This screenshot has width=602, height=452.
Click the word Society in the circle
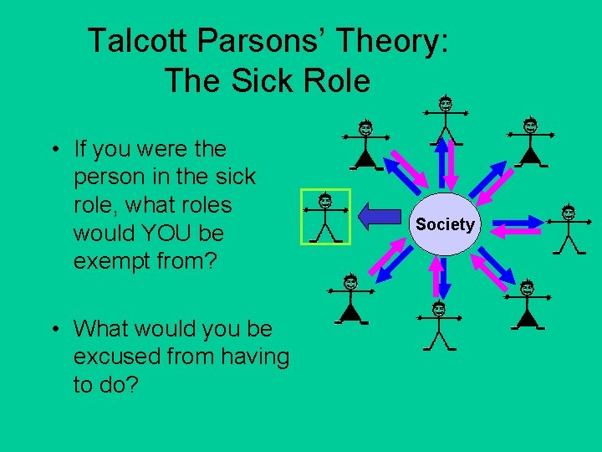click(445, 224)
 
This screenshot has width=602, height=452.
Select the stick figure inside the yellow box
click(325, 217)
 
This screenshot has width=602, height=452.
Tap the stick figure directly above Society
click(446, 119)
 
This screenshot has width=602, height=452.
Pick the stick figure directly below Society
click(438, 326)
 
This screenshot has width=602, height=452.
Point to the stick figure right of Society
click(569, 228)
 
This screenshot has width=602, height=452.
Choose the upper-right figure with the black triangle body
click(529, 142)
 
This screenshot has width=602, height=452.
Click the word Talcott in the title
click(133, 40)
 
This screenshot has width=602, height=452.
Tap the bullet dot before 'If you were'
click(53, 150)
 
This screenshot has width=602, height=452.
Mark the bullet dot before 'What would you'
click(53, 330)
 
